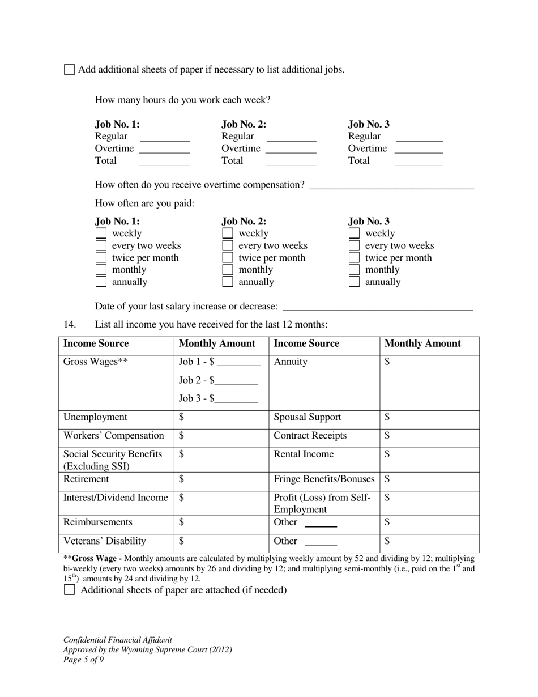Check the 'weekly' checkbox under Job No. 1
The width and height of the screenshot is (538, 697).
(x=101, y=233)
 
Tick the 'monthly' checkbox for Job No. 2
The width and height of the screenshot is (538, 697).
(x=227, y=270)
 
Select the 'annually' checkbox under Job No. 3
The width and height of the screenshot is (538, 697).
(x=354, y=282)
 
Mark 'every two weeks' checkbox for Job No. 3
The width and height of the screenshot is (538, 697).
(x=354, y=245)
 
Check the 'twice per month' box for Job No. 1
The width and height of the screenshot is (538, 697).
(x=101, y=258)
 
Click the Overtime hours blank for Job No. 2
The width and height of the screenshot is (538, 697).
(x=291, y=148)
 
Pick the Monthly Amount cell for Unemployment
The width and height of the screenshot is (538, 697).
(x=221, y=418)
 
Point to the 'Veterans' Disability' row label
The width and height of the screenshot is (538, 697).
(x=105, y=541)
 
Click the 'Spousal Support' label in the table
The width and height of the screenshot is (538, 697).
(x=308, y=418)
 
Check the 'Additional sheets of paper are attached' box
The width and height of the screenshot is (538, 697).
(x=69, y=590)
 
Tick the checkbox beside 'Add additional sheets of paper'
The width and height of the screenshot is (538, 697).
(x=69, y=70)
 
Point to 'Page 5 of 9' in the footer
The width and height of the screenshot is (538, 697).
(x=83, y=660)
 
